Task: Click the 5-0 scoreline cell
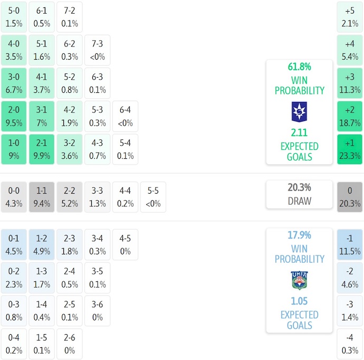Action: [14, 17]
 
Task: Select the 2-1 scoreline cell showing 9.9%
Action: [42, 149]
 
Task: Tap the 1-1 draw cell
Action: [42, 197]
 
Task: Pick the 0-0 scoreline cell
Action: [14, 197]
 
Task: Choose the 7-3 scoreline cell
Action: [97, 50]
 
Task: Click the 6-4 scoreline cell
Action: [125, 116]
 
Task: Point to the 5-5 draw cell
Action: [153, 197]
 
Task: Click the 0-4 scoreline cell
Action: [14, 344]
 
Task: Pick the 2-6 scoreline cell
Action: [70, 344]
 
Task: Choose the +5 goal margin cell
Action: [350, 17]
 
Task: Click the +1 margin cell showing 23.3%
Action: [350, 149]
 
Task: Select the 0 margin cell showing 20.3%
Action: [350, 197]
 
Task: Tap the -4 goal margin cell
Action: [350, 344]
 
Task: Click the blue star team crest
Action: [299, 112]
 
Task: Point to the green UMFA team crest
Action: [299, 280]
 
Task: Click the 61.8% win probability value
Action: [299, 67]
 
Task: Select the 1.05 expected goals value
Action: [299, 301]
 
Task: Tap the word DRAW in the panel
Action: [299, 201]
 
